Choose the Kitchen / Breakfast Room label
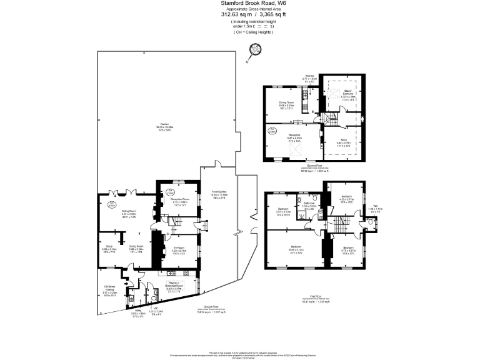click(x=174, y=287)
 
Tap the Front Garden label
click(x=219, y=194)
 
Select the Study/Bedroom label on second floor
click(x=348, y=94)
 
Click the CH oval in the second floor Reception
click(x=272, y=131)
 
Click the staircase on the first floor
click(x=341, y=225)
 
